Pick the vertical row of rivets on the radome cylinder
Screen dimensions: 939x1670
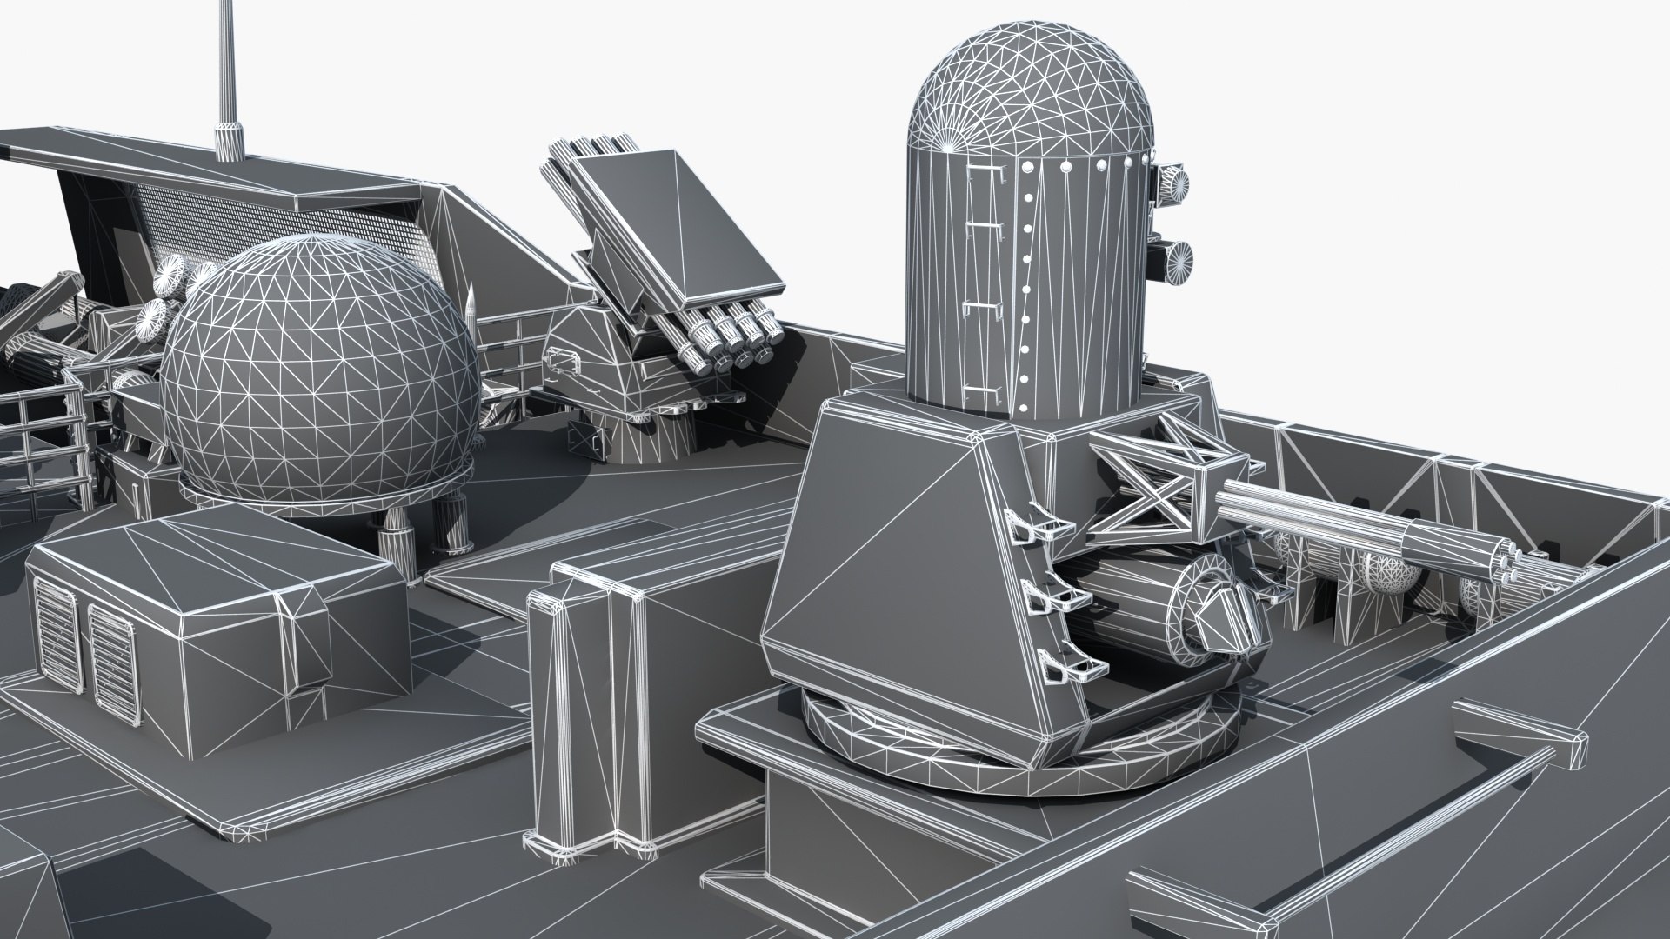click(1025, 287)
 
